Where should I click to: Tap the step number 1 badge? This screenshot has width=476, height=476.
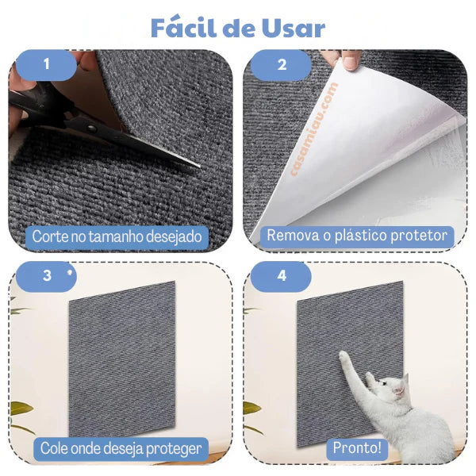(x=46, y=65)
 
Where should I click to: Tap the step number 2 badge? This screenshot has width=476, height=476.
(x=282, y=65)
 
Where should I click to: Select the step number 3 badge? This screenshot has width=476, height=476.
(x=47, y=276)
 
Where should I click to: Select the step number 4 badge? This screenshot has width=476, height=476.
(x=282, y=276)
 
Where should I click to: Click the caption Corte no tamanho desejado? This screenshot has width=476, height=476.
(x=117, y=236)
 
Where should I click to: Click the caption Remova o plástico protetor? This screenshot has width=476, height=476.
(x=357, y=236)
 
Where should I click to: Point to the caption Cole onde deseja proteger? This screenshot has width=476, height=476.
(x=121, y=449)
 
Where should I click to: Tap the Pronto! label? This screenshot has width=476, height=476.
(x=357, y=448)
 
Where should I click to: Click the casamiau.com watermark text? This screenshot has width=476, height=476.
(x=314, y=129)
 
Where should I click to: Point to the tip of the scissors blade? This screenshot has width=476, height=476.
(x=199, y=166)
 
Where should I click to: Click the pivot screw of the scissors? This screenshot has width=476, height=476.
(x=92, y=129)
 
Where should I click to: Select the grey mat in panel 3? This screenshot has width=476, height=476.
(x=122, y=359)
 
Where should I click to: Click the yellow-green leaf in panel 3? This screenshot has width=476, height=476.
(x=21, y=408)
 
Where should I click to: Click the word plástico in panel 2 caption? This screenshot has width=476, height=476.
(x=359, y=236)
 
